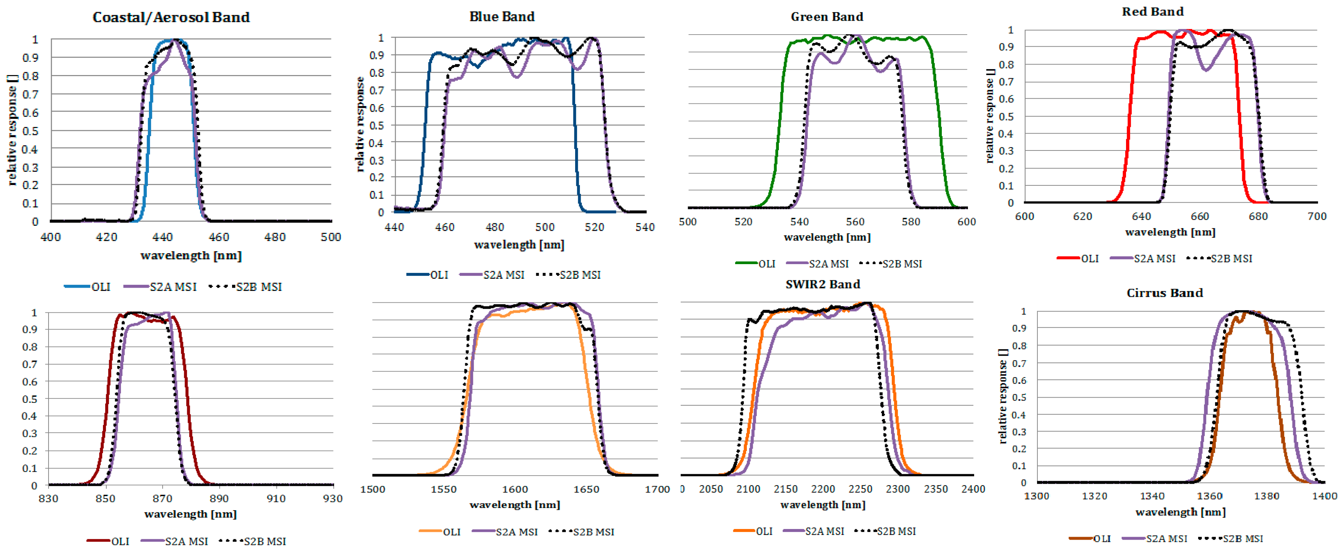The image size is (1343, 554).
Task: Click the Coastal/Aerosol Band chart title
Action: point(171,17)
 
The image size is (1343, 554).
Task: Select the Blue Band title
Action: point(502,17)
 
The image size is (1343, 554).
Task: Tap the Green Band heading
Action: point(826,17)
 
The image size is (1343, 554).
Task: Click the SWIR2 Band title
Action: point(822,284)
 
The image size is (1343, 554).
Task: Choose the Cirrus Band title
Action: point(1164,293)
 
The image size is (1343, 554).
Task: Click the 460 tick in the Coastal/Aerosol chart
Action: point(218,237)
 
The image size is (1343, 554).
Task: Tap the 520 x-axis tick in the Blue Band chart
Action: point(594,227)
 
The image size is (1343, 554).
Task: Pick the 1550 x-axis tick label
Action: point(443,489)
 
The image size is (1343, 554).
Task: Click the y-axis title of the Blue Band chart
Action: point(360,124)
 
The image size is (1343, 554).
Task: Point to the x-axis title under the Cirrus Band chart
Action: point(1180,512)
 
